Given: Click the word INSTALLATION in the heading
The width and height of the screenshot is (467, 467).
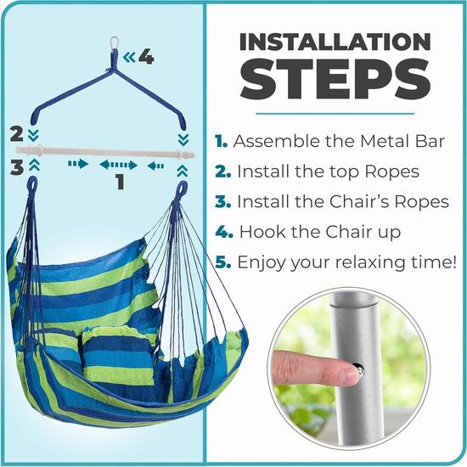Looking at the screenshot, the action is [335, 42].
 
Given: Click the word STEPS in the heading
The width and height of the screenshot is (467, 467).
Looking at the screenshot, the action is [335, 80].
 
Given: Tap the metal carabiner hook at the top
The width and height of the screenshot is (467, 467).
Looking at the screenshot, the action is [115, 43].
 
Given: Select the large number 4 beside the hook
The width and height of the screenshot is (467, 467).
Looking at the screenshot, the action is [146, 57].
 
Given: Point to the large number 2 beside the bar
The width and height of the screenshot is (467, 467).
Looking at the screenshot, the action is [16, 133].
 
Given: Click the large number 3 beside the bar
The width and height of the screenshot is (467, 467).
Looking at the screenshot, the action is [17, 166].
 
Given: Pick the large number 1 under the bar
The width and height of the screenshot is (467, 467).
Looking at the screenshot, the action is [120, 182].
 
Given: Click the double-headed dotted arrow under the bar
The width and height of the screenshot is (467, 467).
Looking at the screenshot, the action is [118, 165].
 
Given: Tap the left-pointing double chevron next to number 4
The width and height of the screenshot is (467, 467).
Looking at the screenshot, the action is [129, 57].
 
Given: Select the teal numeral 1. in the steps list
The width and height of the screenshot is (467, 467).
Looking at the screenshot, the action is [221, 141].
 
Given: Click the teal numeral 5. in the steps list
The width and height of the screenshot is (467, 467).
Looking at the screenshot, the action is [222, 262].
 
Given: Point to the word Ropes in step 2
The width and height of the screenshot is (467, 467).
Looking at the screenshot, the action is [391, 172].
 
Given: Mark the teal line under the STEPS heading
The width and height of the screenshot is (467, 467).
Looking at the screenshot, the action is [335, 114].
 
